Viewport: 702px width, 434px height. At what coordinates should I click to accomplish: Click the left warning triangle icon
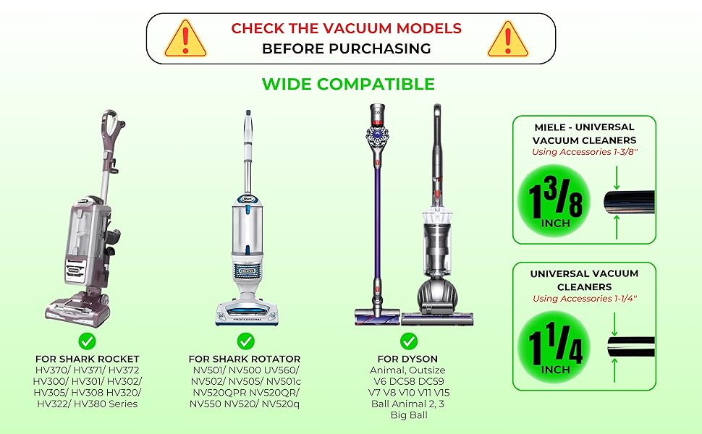[185, 39]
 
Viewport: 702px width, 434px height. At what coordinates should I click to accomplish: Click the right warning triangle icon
[508, 39]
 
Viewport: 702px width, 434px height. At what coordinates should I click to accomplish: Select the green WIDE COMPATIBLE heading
[348, 84]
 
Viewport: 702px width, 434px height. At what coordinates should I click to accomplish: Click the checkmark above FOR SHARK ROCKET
[87, 341]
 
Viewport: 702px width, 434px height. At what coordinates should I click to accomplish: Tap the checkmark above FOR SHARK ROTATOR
[245, 341]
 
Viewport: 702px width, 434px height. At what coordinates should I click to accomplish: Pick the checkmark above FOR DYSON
[408, 341]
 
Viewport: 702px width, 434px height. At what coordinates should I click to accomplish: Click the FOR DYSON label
[407, 359]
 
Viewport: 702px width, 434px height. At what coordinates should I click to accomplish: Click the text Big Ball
[409, 414]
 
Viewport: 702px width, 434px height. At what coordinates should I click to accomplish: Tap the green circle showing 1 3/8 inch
[554, 200]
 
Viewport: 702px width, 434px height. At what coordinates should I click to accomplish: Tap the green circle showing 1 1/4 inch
[554, 347]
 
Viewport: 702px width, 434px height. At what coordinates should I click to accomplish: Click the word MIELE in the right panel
[549, 127]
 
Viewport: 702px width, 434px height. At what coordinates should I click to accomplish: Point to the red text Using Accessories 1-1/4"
[585, 299]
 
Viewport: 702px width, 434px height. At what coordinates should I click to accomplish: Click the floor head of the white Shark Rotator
[247, 312]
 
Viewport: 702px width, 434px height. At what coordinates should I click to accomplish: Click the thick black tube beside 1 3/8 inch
[629, 202]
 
